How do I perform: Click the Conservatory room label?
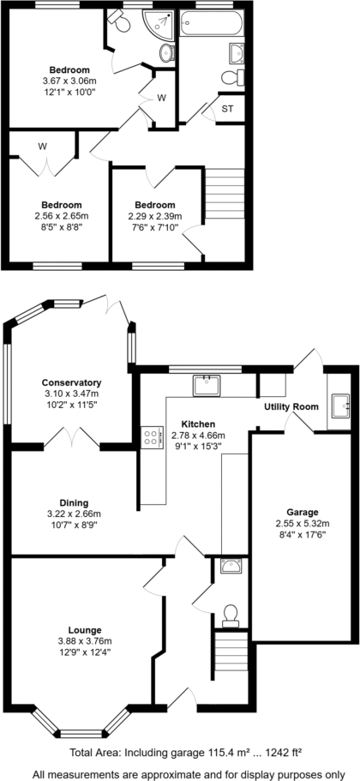72,382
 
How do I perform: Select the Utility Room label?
291,406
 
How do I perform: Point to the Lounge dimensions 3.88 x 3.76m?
84,640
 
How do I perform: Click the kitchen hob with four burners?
153,437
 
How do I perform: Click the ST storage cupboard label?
228,109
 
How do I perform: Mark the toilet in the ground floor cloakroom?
230,614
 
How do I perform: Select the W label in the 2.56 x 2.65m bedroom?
42,147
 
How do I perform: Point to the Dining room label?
73,503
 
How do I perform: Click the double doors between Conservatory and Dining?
72,440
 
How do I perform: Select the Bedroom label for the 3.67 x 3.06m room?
69,69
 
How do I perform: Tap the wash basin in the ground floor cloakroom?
230,566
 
